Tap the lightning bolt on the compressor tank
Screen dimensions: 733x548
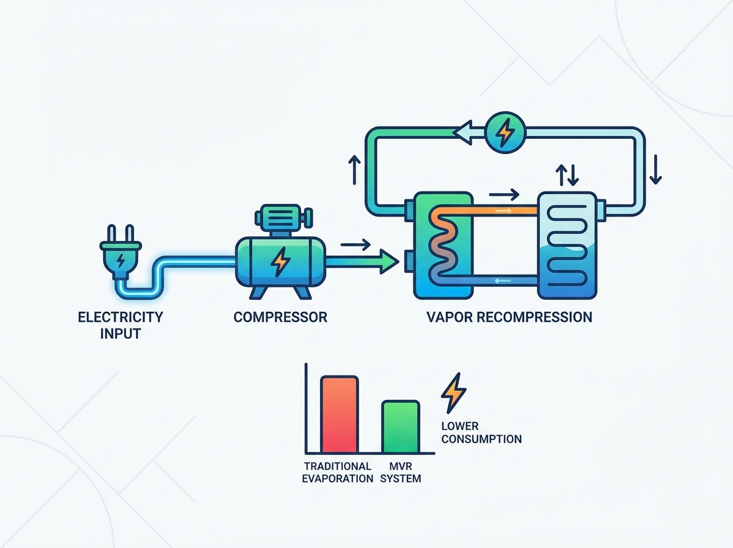tap(280, 262)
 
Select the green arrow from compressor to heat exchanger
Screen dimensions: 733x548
tap(362, 262)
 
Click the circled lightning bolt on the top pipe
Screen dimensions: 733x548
tap(505, 132)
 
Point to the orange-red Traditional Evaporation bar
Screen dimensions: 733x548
tap(339, 414)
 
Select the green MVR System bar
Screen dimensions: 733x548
tap(401, 427)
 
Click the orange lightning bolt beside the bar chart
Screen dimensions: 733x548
tap(453, 393)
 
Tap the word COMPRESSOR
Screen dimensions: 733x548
tap(280, 317)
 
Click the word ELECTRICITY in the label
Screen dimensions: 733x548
tap(120, 317)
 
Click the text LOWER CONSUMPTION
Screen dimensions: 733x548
tap(481, 432)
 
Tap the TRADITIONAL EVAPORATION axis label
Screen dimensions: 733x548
tap(338, 472)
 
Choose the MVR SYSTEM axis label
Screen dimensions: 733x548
tap(400, 472)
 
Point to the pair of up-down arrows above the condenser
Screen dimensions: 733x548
tap(567, 175)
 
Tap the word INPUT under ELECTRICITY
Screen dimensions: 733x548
tap(120, 334)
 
